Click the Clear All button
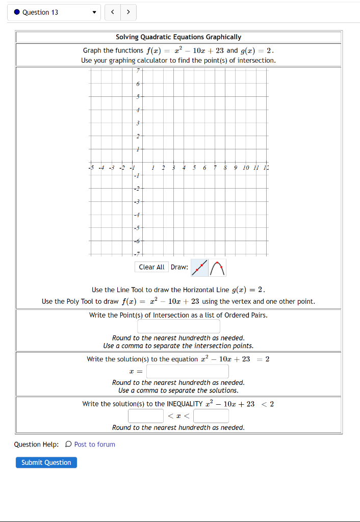pos(151,267)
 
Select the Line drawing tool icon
pos(200,267)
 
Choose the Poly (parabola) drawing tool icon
pos(218,267)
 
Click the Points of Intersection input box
pos(178,326)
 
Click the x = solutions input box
pos(187,371)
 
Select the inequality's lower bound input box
pos(145,416)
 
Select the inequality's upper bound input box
pos(211,416)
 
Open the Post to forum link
pos(94,445)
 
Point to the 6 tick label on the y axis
pos(137,83)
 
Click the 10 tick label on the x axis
pos(246,167)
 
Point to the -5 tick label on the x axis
pos(91,167)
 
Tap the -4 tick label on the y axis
pos(136,215)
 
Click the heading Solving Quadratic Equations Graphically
pos(178,37)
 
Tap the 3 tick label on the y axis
pos(137,123)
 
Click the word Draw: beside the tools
pos(179,267)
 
